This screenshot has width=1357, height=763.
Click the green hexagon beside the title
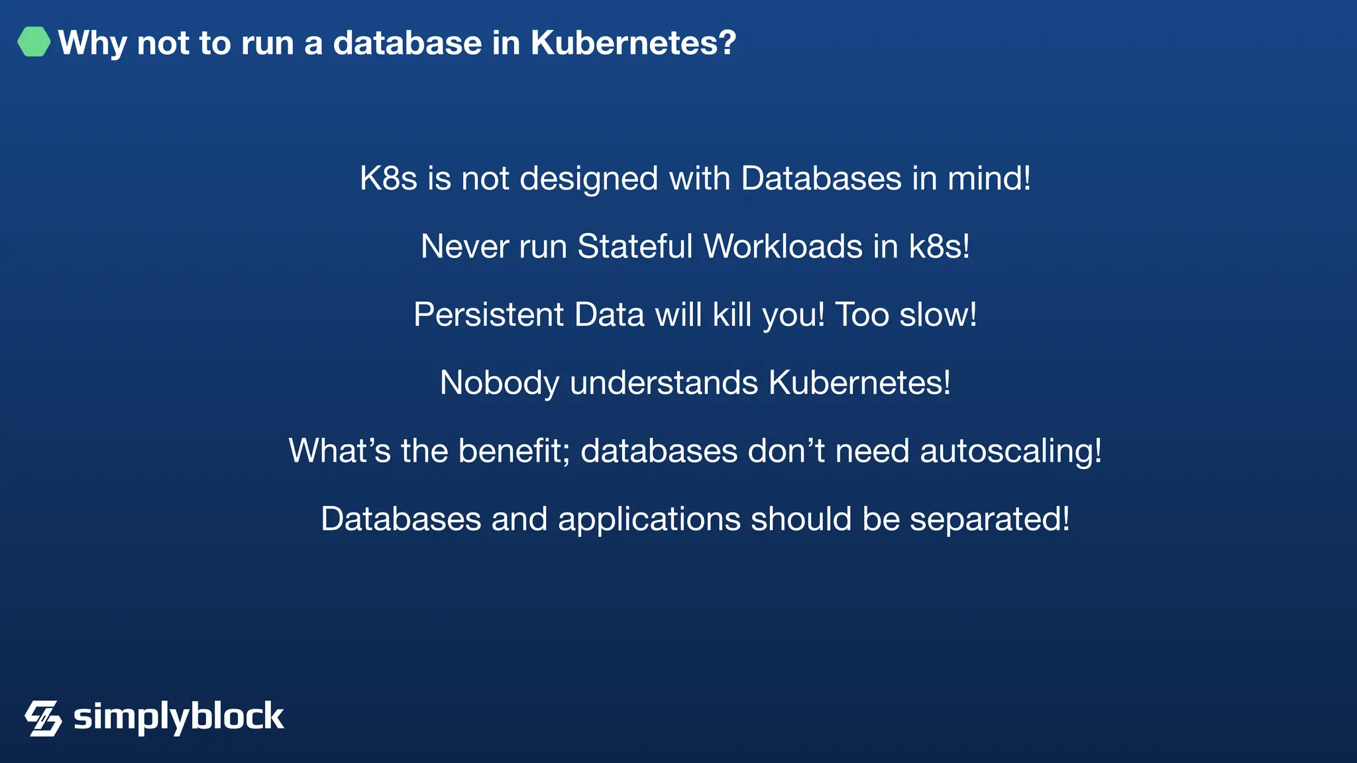click(x=34, y=42)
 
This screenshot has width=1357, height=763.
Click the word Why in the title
click(x=92, y=44)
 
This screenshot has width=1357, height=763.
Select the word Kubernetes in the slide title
click(x=633, y=44)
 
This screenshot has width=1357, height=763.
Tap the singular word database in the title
click(x=407, y=44)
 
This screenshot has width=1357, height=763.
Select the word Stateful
click(x=635, y=247)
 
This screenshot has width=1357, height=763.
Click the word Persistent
click(x=488, y=315)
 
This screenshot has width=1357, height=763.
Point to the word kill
click(x=732, y=315)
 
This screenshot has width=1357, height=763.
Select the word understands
click(x=664, y=383)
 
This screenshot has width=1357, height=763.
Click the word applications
click(x=649, y=520)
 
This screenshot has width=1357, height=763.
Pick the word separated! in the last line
click(x=989, y=520)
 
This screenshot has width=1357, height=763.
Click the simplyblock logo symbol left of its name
click(x=43, y=718)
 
